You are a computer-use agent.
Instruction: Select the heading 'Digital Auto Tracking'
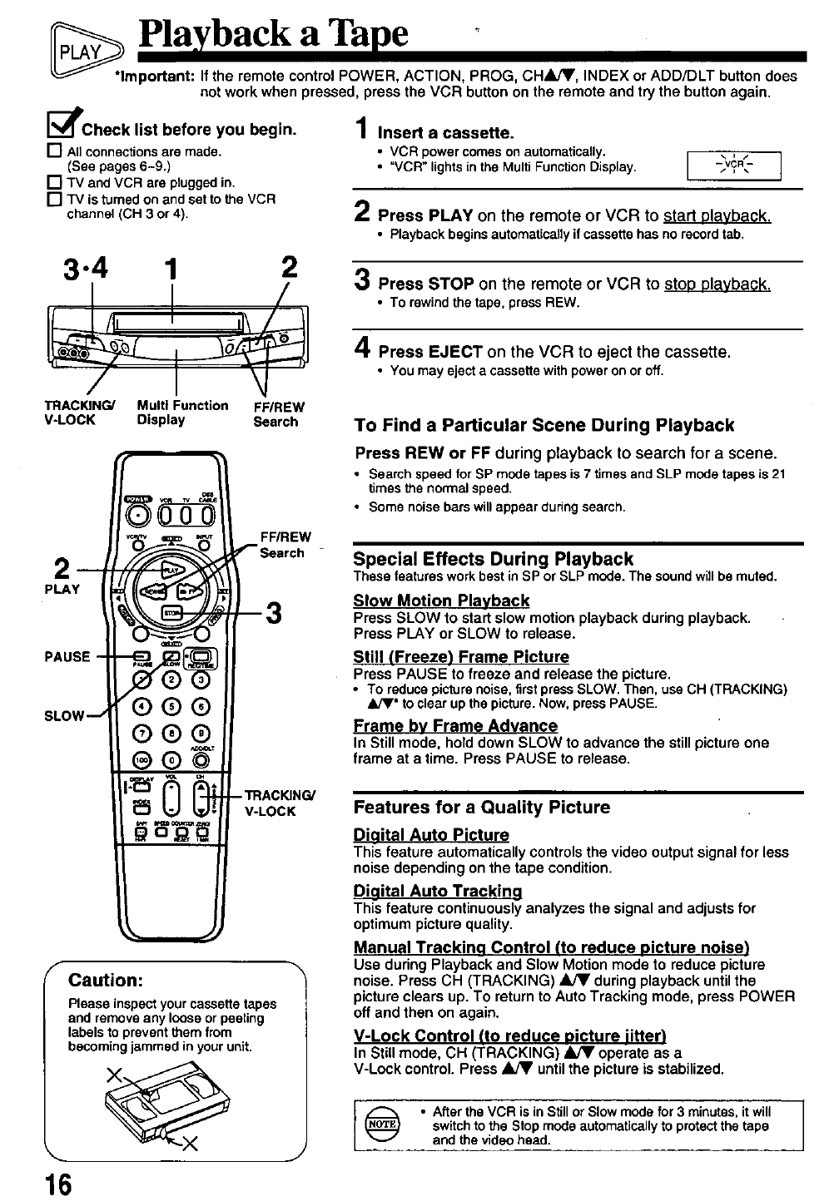438,891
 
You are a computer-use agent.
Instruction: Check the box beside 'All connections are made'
57,151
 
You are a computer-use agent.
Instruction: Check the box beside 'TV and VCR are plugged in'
57,183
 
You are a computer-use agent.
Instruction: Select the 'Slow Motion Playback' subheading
441,600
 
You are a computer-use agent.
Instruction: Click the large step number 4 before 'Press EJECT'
363,349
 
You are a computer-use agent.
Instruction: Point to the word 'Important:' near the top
155,76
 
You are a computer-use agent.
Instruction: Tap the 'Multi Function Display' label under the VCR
182,413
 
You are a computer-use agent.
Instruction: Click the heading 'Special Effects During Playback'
493,559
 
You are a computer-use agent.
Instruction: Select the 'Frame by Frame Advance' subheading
455,725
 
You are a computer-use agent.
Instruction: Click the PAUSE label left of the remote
67,656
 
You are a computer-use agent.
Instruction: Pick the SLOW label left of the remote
65,715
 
